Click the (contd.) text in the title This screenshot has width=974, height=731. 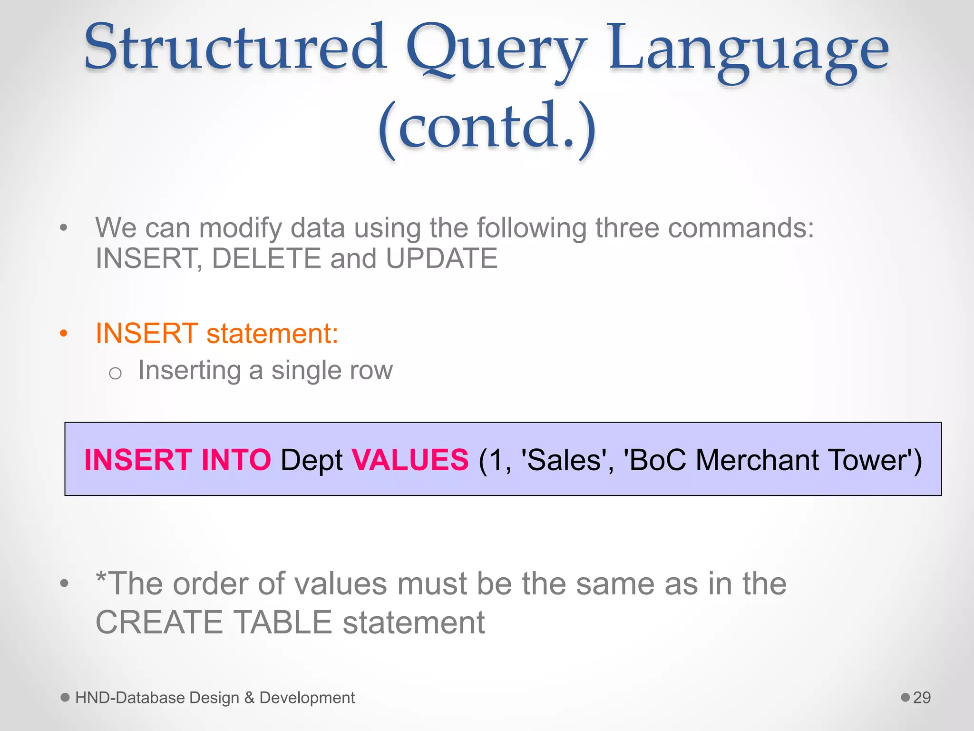pos(487,128)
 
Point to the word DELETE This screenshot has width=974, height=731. pos(267,258)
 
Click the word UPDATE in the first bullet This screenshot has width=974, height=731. pos(441,258)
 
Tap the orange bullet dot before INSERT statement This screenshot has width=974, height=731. pos(64,333)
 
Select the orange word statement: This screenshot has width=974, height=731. pos(273,333)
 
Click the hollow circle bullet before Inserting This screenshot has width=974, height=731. pos(115,373)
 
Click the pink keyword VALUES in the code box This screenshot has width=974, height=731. pos(410,460)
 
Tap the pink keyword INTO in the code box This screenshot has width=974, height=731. pos(236,460)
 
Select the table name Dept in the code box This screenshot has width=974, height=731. pos(312,461)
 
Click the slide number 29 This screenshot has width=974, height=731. pos(922,698)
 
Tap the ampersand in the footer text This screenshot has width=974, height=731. pos(249,698)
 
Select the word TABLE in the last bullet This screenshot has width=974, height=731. pos(282,622)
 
